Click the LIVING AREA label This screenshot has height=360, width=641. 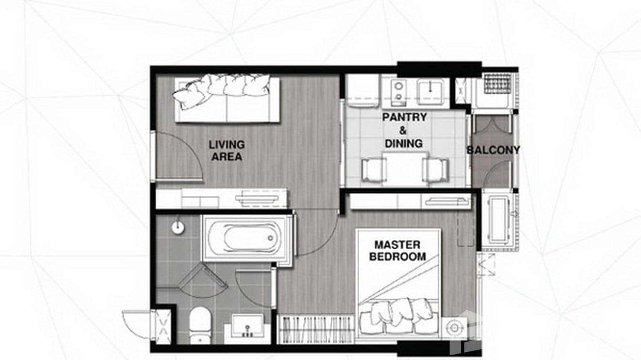click(226, 150)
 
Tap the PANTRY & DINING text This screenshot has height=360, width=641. click(404, 130)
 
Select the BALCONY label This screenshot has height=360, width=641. click(493, 150)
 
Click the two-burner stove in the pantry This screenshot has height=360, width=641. click(398, 92)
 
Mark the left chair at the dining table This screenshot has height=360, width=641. click(374, 169)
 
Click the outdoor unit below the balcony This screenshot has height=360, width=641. click(500, 220)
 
